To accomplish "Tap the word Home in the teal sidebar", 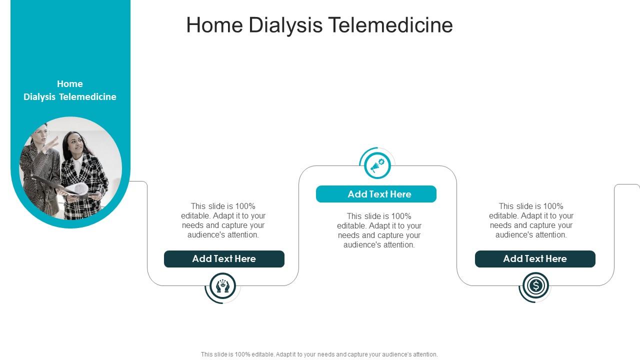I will (70, 83).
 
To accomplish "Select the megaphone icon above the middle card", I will (377, 165).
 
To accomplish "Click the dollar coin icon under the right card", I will (535, 286).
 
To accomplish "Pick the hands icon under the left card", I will (222, 286).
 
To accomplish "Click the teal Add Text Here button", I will (376, 194).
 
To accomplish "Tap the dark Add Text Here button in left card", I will (224, 259).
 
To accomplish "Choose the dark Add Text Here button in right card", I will (535, 259).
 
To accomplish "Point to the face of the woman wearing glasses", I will (40, 135).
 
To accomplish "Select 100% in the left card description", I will (245, 206).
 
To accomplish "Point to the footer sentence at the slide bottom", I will (319, 354).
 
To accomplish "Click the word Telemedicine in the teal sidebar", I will (87, 97).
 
